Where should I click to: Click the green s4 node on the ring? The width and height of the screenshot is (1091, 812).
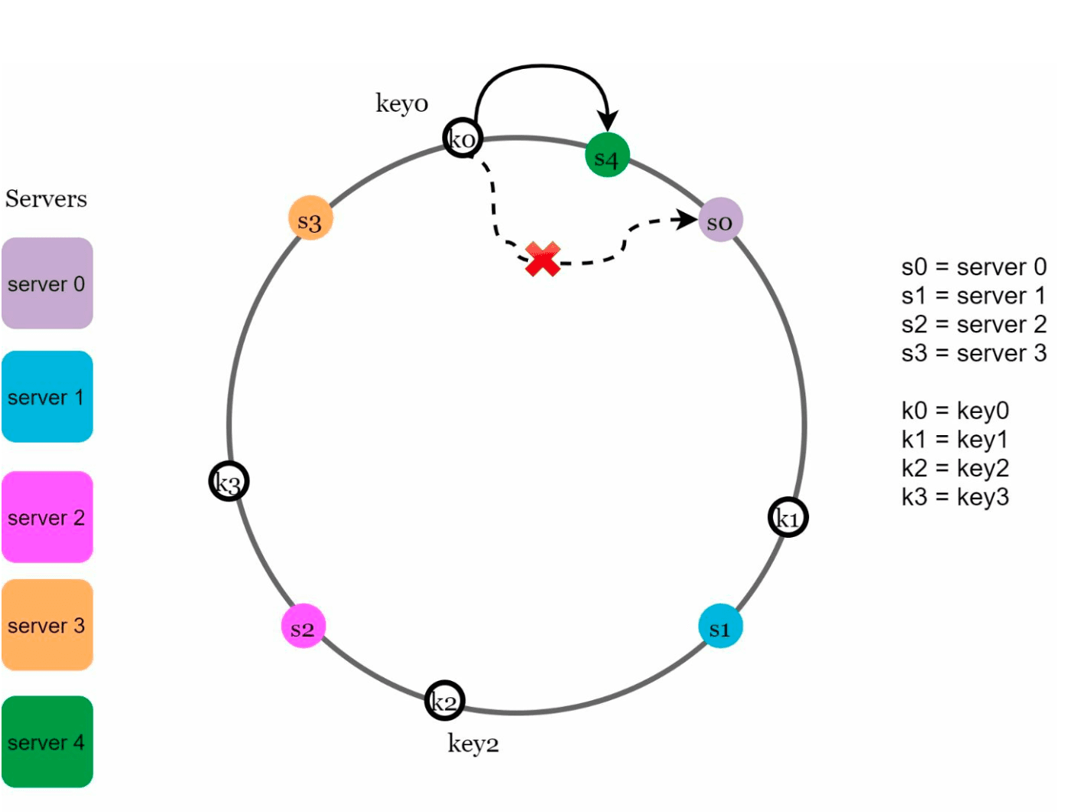tap(607, 155)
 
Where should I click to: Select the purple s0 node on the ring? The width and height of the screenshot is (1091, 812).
tap(720, 219)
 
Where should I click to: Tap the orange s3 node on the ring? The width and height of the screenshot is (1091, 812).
tap(310, 218)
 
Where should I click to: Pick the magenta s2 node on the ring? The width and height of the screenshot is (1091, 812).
tap(303, 626)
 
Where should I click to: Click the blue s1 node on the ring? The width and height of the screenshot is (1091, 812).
tap(720, 626)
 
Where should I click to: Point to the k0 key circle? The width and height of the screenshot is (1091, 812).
tap(462, 138)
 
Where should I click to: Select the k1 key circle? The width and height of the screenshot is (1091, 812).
tap(788, 517)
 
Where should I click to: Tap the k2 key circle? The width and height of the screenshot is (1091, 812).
tap(444, 700)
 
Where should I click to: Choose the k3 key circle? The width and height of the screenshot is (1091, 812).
tap(229, 481)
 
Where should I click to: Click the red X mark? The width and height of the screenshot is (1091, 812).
tap(542, 259)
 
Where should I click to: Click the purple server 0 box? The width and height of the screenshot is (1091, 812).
tap(48, 283)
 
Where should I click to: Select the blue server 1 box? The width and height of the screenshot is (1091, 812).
tap(48, 396)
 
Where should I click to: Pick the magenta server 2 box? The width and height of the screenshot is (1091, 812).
tap(48, 516)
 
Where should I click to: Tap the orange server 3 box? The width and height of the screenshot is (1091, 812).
tap(48, 624)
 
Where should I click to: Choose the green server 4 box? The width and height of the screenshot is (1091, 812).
tap(48, 742)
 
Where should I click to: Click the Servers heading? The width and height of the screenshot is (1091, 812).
tap(46, 198)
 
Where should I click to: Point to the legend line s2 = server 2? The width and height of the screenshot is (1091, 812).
tap(973, 324)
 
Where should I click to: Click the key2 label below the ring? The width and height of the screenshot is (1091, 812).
tap(473, 744)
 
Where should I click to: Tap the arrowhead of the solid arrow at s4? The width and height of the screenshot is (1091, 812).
tap(608, 121)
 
